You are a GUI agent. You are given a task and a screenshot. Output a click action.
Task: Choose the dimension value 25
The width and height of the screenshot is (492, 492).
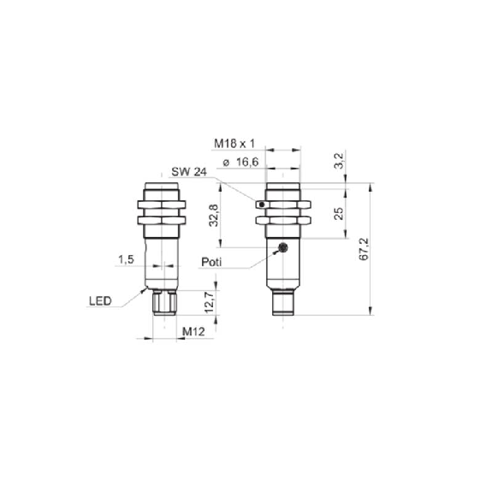[339, 215]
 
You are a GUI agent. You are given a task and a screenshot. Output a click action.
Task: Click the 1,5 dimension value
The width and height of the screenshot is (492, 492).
[126, 259]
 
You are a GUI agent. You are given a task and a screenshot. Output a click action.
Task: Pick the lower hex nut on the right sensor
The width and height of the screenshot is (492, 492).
[283, 220]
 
